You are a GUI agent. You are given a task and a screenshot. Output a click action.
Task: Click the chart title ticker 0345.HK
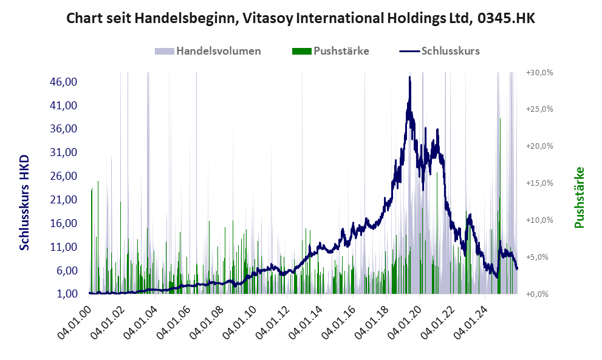click(505, 19)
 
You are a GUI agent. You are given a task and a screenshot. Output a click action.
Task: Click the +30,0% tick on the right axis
click(539, 72)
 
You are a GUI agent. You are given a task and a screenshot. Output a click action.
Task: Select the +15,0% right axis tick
click(539, 183)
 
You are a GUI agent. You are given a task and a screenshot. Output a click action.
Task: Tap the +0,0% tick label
click(541, 294)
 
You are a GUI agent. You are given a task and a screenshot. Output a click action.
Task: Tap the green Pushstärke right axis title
click(579, 198)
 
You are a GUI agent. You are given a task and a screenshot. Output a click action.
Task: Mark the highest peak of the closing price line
click(410, 77)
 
